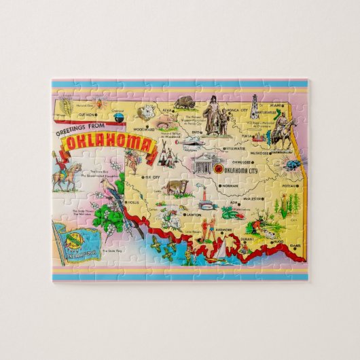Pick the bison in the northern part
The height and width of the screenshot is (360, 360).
tap(184, 104)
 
